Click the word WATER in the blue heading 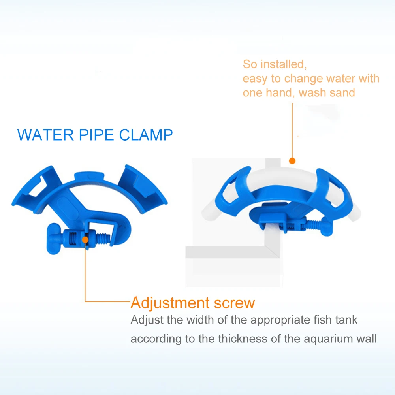coord(45,135)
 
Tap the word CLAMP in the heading coord(146,135)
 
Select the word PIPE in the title coord(96,135)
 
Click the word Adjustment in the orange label coord(170,303)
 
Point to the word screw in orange coord(235,303)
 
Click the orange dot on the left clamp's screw coord(85,240)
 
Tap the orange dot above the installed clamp coord(292,161)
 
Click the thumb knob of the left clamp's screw coord(54,238)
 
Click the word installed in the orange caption coord(283,64)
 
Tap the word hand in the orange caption coord(280,93)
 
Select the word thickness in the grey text coord(243,339)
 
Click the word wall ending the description coord(367,339)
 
